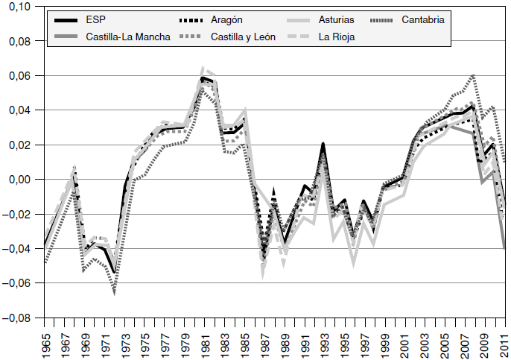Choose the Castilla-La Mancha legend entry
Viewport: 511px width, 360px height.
pos(128,36)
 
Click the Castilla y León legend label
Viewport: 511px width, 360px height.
pos(244,36)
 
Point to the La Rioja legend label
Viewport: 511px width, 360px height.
pos(337,36)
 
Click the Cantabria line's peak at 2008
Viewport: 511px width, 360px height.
pos(474,75)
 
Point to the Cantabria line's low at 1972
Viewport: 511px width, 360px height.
pos(114,294)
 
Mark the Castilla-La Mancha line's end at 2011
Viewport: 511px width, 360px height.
pos(506,247)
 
